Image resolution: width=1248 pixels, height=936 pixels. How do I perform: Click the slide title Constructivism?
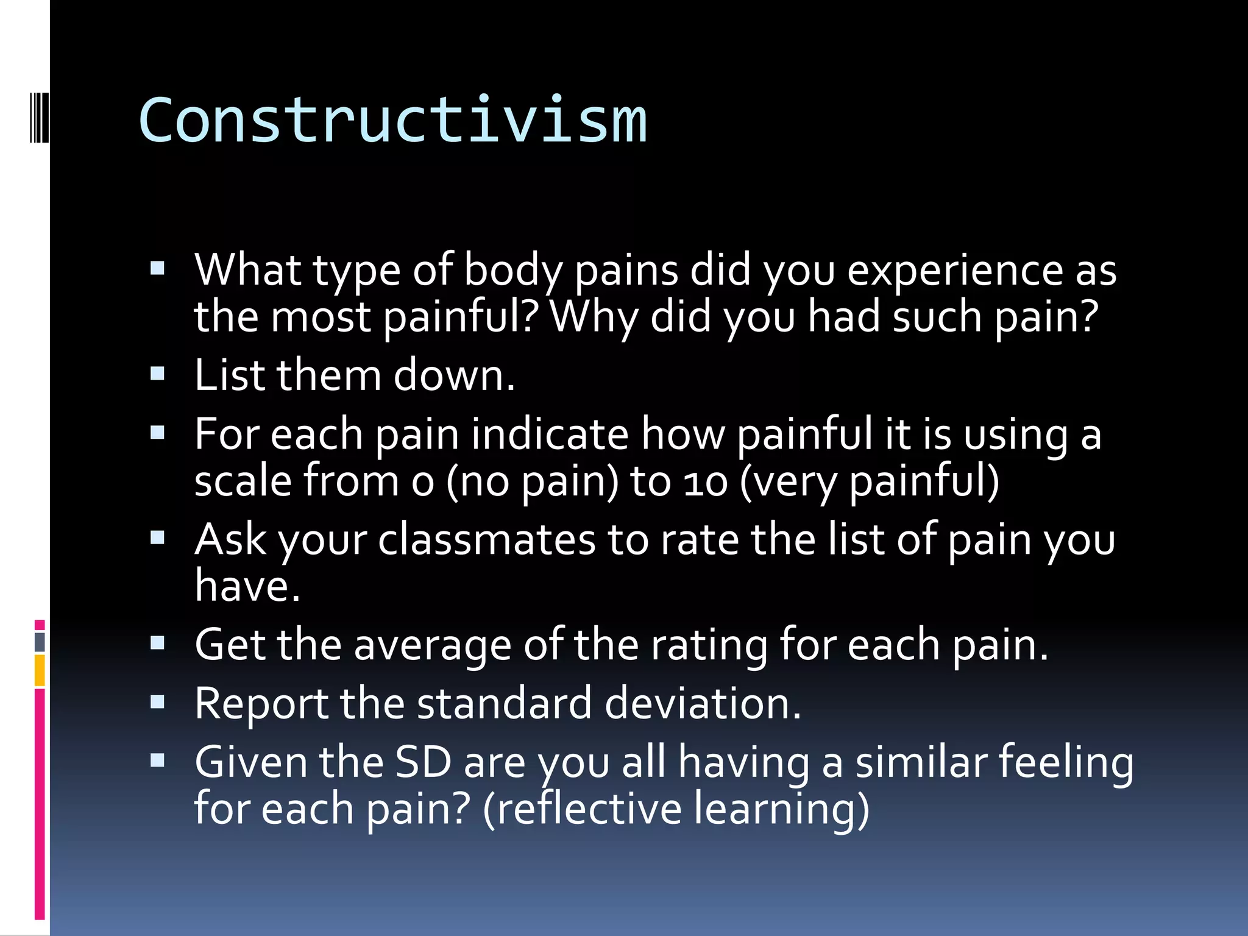click(x=392, y=121)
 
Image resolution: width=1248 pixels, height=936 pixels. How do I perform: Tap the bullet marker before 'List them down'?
click(x=158, y=373)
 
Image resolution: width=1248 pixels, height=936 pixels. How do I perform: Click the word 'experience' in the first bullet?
click(x=955, y=270)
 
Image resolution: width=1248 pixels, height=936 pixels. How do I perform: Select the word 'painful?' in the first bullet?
click(x=461, y=317)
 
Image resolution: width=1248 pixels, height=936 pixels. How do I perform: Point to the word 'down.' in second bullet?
click(x=454, y=375)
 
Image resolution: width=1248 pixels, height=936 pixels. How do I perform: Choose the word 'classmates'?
click(x=486, y=540)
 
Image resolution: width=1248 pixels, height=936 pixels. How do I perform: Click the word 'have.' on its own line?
click(x=247, y=586)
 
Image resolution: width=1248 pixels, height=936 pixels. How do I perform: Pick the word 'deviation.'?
click(x=703, y=703)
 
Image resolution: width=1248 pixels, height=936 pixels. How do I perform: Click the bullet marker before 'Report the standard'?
click(x=158, y=702)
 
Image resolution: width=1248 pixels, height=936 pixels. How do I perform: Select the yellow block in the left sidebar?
click(x=40, y=670)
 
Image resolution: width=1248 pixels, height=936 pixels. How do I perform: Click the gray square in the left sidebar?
click(x=40, y=642)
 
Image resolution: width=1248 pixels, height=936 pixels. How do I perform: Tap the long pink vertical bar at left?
click(x=40, y=804)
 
